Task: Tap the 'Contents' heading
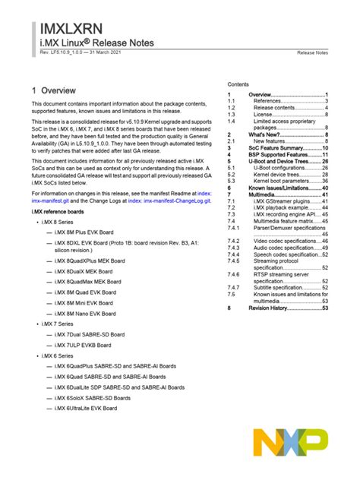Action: [239, 84]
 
